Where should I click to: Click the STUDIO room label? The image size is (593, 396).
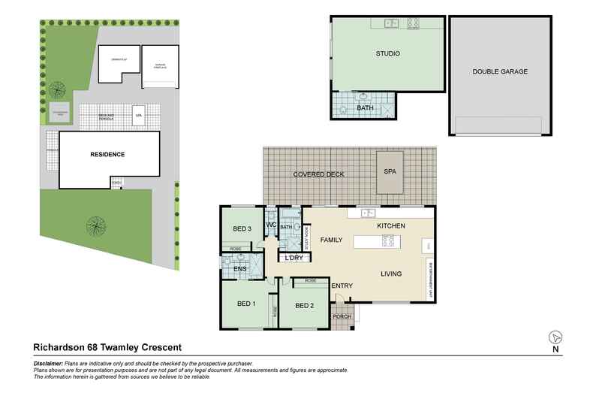(387, 54)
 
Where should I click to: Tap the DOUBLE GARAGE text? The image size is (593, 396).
(500, 72)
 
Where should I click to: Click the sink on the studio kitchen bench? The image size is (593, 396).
(391, 24)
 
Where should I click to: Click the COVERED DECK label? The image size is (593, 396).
(319, 174)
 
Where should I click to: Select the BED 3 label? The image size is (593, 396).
(241, 228)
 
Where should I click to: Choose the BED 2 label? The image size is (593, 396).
(304, 306)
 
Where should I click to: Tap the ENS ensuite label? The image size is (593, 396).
(240, 268)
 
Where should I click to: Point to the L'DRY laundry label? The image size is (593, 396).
(293, 258)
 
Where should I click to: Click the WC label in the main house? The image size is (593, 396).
(272, 225)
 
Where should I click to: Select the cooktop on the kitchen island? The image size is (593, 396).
(389, 241)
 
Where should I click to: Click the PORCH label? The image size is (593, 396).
(342, 316)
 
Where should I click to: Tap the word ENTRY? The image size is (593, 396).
(342, 286)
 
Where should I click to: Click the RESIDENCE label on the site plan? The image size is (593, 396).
(107, 155)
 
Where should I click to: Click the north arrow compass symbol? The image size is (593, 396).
(555, 337)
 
